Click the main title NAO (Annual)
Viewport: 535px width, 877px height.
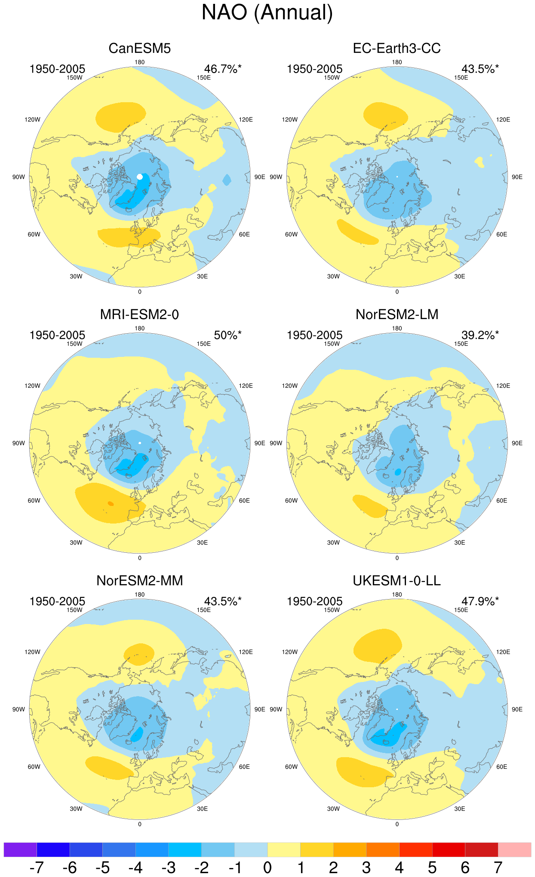pos(267,13)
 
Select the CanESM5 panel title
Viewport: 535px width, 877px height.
pos(140,48)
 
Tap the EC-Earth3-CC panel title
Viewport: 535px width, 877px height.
pos(397,48)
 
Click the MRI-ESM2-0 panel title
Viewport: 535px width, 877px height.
pos(140,314)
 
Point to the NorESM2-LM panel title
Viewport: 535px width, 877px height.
pos(397,314)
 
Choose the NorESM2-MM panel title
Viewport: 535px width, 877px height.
pos(140,581)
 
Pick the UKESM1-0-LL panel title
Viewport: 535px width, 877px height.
pos(397,581)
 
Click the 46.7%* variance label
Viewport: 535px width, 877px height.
pos(223,69)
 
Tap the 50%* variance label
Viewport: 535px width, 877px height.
pos(228,335)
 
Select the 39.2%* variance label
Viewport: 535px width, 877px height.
pos(480,335)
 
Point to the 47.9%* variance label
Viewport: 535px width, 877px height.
pos(480,601)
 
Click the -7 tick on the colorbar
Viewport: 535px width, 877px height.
pos(37,868)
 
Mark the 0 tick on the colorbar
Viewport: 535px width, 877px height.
pos(267,868)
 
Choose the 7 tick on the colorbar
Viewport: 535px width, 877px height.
pos(498,868)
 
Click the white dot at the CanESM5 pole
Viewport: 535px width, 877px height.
pos(140,177)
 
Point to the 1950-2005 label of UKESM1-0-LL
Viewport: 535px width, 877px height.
pos(315,601)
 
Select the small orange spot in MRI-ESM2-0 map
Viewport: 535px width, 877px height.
pos(111,503)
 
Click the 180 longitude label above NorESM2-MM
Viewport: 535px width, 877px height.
pos(140,594)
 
